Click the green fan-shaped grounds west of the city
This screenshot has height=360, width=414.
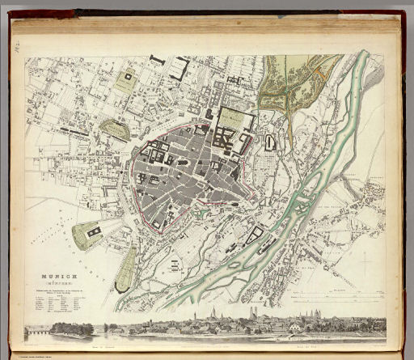tap(89, 235)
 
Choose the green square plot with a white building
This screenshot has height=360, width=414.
tap(125, 80)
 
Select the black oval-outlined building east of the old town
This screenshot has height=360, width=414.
tap(269, 142)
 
